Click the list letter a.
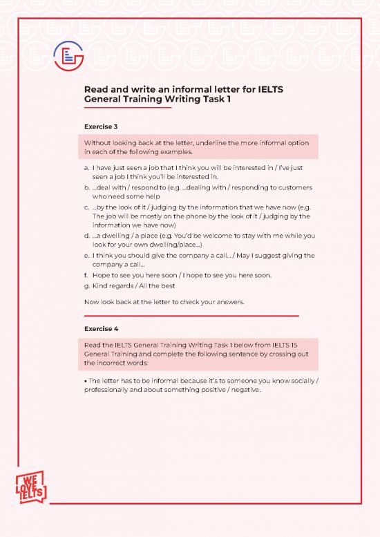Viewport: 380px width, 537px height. [x=86, y=167]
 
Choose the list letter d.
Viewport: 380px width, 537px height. [x=86, y=236]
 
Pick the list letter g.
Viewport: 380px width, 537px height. [x=86, y=285]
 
